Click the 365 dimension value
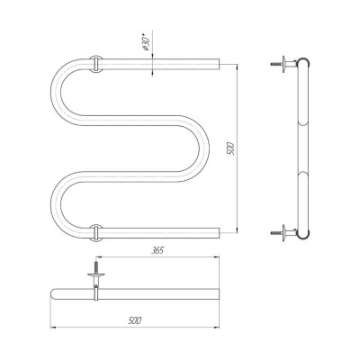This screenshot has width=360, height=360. pos(157,250)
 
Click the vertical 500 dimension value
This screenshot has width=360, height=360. pos(232,148)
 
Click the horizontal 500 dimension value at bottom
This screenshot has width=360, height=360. pos(134,320)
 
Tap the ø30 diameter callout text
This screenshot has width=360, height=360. pos(146,44)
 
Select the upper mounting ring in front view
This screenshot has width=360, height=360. pos(96,64)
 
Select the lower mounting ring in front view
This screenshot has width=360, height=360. pos(96,233)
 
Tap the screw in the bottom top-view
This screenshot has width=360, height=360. pos(96,266)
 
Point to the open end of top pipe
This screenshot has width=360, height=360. pos(220,64)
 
